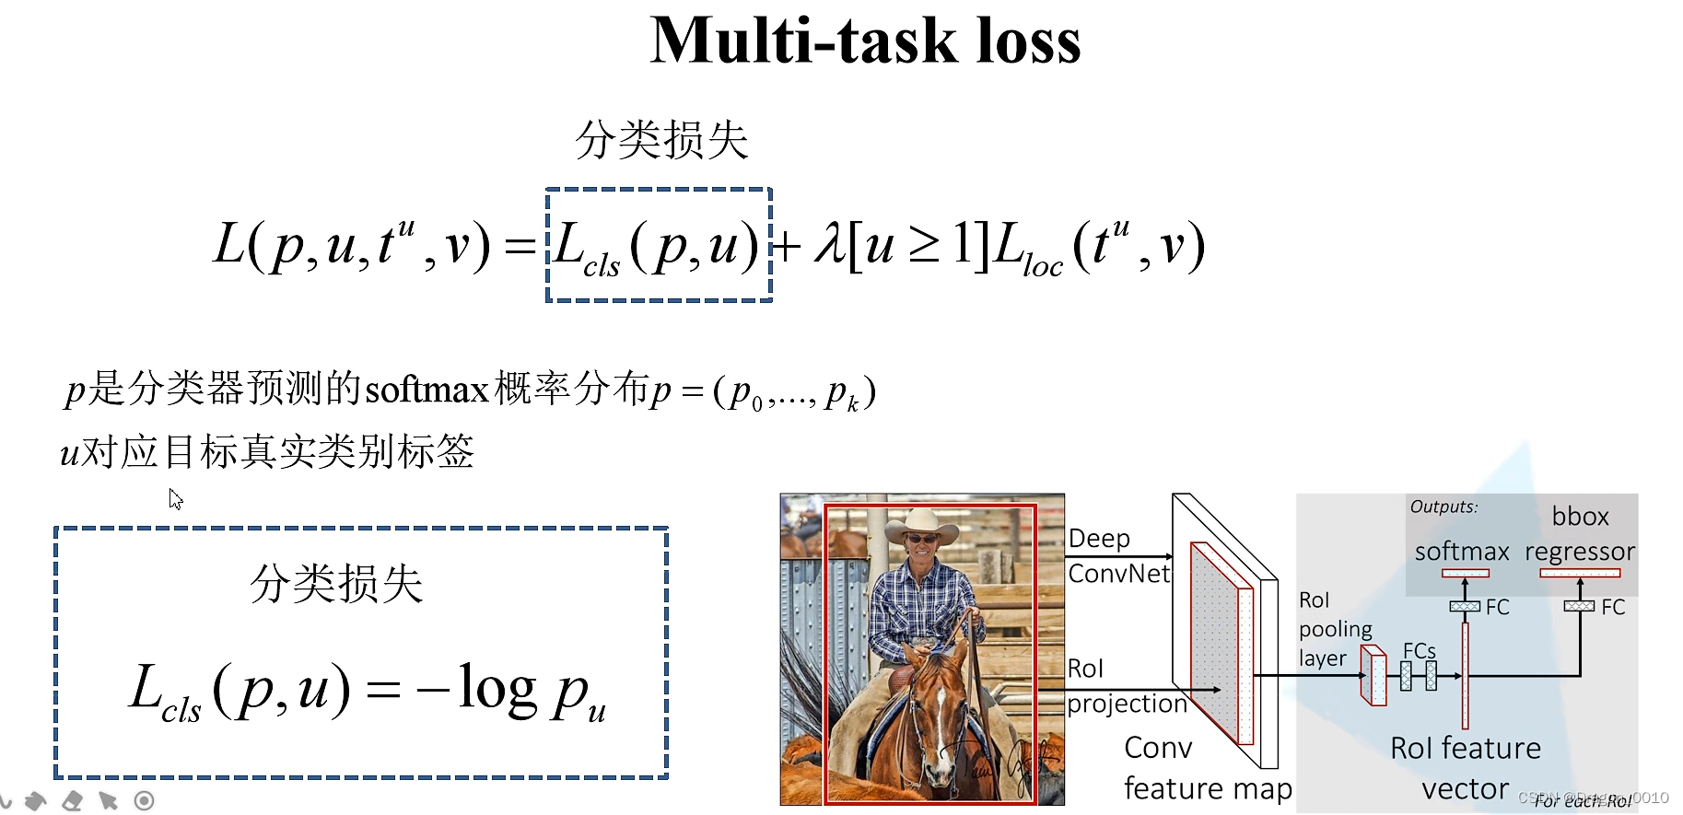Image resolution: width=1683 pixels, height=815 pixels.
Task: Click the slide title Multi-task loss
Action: pyautogui.click(x=865, y=41)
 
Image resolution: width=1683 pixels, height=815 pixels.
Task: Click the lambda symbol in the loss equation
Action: pyautogui.click(x=828, y=246)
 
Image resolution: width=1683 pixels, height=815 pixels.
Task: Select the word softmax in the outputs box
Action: pyautogui.click(x=1462, y=552)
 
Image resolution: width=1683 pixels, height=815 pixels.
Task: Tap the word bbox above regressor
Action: pyautogui.click(x=1580, y=517)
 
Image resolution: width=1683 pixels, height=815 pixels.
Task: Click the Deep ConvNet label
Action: pyautogui.click(x=1117, y=555)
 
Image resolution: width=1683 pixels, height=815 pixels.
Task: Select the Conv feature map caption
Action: pyautogui.click(x=1207, y=768)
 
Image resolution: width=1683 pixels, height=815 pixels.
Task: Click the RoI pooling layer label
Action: pyautogui.click(x=1335, y=629)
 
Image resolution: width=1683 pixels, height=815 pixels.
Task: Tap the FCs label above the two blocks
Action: pyautogui.click(x=1419, y=651)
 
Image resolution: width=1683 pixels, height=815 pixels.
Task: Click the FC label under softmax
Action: pyautogui.click(x=1497, y=608)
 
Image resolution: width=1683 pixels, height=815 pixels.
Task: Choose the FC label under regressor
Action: pyautogui.click(x=1612, y=608)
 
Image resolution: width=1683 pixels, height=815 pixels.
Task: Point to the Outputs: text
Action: pyautogui.click(x=1443, y=506)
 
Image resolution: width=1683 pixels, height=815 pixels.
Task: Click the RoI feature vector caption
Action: pyautogui.click(x=1465, y=768)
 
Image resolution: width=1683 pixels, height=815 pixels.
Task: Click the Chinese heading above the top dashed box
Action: pyautogui.click(x=661, y=141)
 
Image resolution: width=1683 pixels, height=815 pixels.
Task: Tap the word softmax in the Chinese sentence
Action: pyautogui.click(x=427, y=390)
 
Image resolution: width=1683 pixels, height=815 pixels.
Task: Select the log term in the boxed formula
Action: pyautogui.click(x=497, y=688)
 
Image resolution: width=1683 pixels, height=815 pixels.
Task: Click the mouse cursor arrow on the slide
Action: pyautogui.click(x=175, y=499)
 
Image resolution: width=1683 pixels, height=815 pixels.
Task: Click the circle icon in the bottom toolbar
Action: pyautogui.click(x=144, y=801)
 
